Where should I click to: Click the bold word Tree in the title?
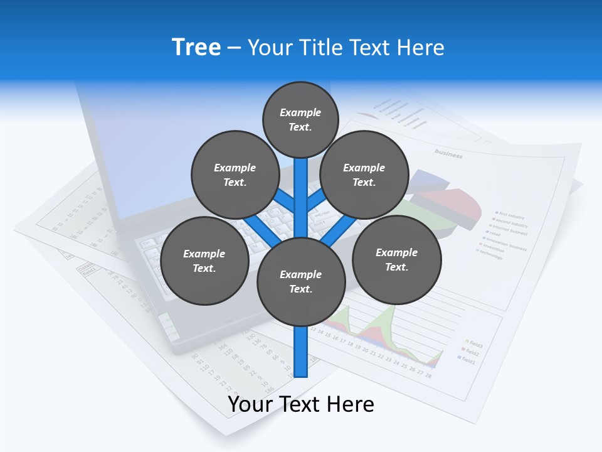[x=196, y=47]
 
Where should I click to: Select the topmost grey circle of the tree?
[x=300, y=119]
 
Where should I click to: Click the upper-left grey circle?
[x=235, y=175]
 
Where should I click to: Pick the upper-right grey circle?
[x=364, y=175]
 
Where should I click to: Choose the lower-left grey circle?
[x=204, y=261]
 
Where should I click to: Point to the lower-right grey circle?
[x=396, y=259]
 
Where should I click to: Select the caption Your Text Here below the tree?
[x=301, y=404]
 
